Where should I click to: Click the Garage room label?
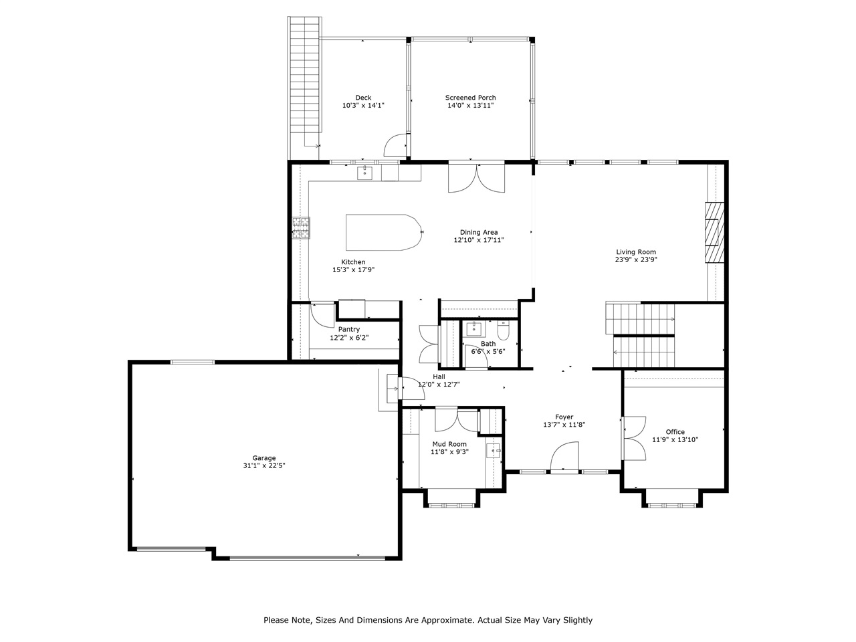[263, 458]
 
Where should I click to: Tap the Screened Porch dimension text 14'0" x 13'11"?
[471, 106]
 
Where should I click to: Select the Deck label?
[363, 98]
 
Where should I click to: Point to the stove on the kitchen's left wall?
[300, 228]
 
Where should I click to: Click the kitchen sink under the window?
[364, 173]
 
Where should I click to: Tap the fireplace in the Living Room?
[714, 233]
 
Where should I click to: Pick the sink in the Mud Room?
[494, 450]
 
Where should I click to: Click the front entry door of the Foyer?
[564, 460]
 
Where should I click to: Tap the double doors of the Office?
[634, 438]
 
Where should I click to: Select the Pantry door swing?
[323, 314]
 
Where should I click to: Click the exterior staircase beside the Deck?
[304, 80]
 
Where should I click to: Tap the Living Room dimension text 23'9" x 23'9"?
[636, 260]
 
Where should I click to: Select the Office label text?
[675, 432]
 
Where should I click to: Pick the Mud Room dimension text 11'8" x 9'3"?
[449, 451]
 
